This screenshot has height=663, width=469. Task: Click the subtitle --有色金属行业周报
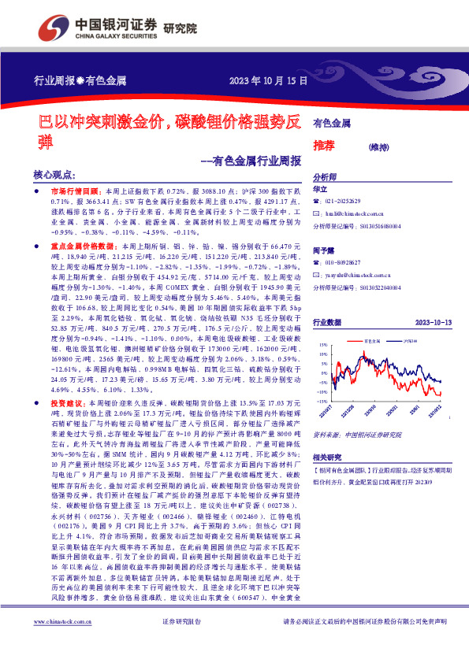(246, 161)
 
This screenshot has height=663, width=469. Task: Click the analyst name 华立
(320, 190)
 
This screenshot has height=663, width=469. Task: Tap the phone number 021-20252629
(348, 202)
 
